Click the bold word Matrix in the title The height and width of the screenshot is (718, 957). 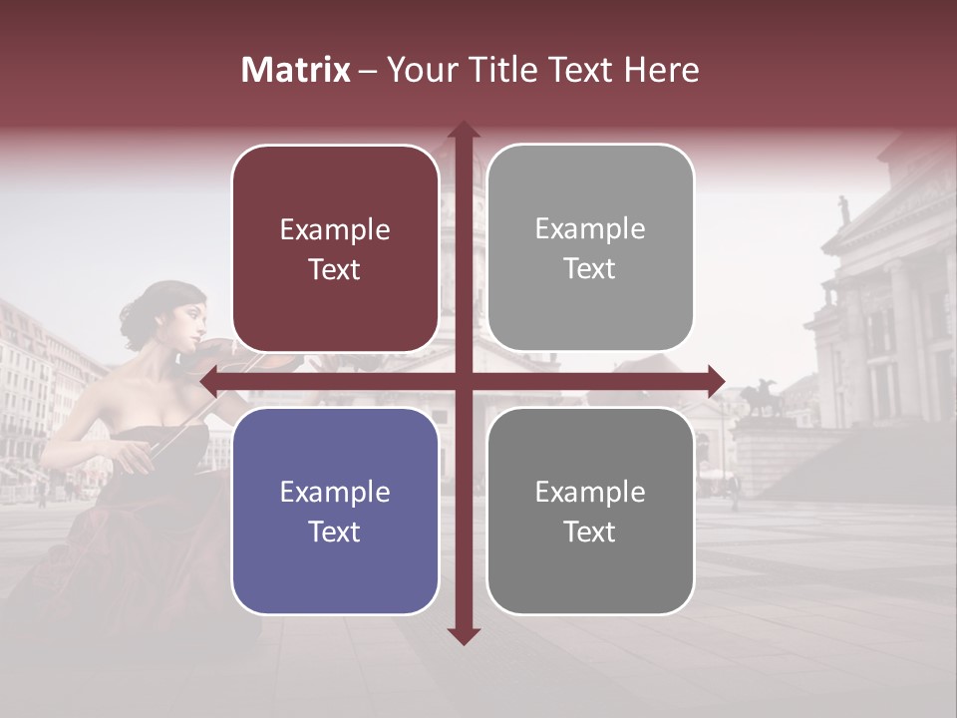(x=295, y=70)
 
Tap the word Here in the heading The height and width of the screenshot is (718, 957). (x=661, y=70)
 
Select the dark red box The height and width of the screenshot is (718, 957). (x=335, y=248)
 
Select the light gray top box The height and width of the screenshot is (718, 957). (x=590, y=248)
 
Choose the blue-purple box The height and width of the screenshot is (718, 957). (x=335, y=511)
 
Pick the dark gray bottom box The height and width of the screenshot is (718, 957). (x=590, y=511)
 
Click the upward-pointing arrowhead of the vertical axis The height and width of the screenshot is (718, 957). (x=463, y=131)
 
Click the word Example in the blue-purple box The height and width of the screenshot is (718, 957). (x=335, y=492)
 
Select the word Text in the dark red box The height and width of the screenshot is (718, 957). (x=335, y=269)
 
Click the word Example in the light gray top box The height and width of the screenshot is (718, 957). (x=590, y=228)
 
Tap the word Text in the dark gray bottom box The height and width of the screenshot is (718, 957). (x=590, y=532)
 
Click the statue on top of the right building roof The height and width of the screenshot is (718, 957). (x=843, y=209)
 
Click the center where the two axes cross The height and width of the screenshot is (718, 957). (x=463, y=381)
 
